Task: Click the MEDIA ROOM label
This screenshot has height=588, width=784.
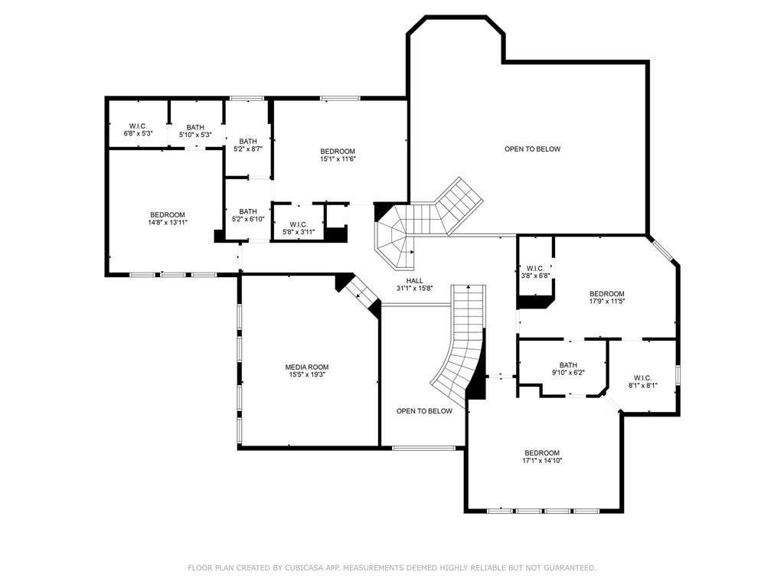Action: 307,367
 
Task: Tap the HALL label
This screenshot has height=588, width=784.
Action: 414,281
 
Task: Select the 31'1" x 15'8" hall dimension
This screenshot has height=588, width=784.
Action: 414,289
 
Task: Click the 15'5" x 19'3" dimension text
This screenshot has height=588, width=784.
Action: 307,374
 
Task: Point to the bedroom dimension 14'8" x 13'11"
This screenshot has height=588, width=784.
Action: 168,223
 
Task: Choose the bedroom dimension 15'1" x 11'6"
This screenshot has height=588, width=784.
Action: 338,159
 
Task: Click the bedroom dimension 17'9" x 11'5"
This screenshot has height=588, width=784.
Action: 607,301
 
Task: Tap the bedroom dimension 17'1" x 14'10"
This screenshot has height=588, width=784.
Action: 542,460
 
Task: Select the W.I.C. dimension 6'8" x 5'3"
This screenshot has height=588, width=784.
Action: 138,134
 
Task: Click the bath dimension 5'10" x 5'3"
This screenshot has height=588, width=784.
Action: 195,135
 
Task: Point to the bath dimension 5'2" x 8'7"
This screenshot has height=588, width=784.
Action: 248,149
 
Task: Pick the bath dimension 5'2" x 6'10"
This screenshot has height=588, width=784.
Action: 248,219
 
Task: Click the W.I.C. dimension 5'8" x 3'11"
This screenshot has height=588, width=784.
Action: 299,231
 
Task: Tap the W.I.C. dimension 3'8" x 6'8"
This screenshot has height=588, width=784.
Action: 535,276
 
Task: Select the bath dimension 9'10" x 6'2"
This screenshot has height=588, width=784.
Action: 569,373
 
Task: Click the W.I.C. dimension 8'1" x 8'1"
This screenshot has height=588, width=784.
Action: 643,385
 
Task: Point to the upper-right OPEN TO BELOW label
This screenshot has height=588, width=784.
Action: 533,149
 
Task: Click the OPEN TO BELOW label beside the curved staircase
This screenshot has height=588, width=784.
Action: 424,411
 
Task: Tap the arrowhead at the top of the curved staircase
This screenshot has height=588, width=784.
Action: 469,287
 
